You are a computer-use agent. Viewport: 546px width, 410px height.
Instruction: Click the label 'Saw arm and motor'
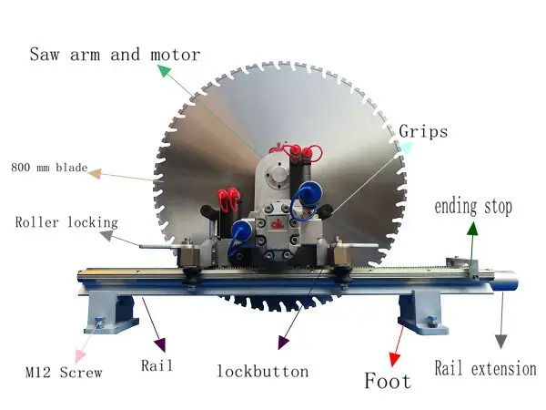tap(115, 54)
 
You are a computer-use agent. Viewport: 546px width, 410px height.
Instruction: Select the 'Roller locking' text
tap(66, 221)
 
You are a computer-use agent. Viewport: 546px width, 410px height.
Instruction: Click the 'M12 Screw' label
tap(63, 372)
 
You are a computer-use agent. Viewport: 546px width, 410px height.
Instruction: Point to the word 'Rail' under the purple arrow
tap(157, 366)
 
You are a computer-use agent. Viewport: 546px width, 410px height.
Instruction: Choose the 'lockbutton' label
tap(262, 371)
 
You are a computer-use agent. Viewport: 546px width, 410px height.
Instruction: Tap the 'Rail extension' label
tap(485, 368)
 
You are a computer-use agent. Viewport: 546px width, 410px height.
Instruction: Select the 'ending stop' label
tap(472, 206)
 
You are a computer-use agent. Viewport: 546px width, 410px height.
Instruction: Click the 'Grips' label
tap(423, 132)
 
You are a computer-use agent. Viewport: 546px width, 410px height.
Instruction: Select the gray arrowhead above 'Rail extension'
tap(499, 341)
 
